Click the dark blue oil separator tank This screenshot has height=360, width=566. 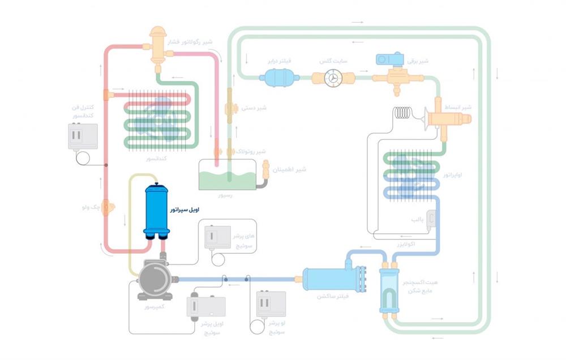[x=157, y=211]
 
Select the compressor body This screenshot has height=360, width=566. [x=154, y=279]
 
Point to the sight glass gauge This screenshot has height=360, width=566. [x=334, y=79]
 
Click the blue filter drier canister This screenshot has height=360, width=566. [x=276, y=77]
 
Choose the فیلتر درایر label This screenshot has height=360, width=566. [x=279, y=60]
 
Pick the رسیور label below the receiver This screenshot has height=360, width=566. [x=225, y=195]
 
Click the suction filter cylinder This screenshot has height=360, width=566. [x=327, y=278]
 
